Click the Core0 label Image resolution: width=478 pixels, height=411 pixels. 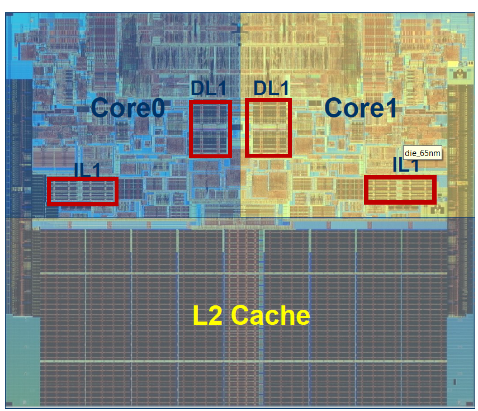click(x=127, y=107)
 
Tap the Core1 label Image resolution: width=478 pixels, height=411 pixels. click(x=361, y=107)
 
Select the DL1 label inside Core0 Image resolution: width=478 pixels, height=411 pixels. click(x=209, y=88)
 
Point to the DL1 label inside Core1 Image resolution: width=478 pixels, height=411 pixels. click(x=272, y=88)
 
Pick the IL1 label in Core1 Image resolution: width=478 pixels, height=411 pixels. click(x=406, y=166)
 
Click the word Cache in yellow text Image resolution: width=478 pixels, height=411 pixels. click(x=270, y=316)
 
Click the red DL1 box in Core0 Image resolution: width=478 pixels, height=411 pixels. click(x=210, y=129)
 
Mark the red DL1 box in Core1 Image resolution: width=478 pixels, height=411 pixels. click(x=268, y=127)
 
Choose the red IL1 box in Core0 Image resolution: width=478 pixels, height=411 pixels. click(x=82, y=191)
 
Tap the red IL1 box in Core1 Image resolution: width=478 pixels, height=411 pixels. click(x=399, y=190)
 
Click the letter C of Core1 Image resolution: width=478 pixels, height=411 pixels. click(x=334, y=107)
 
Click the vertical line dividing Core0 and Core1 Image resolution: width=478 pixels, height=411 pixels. click(x=240, y=56)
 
